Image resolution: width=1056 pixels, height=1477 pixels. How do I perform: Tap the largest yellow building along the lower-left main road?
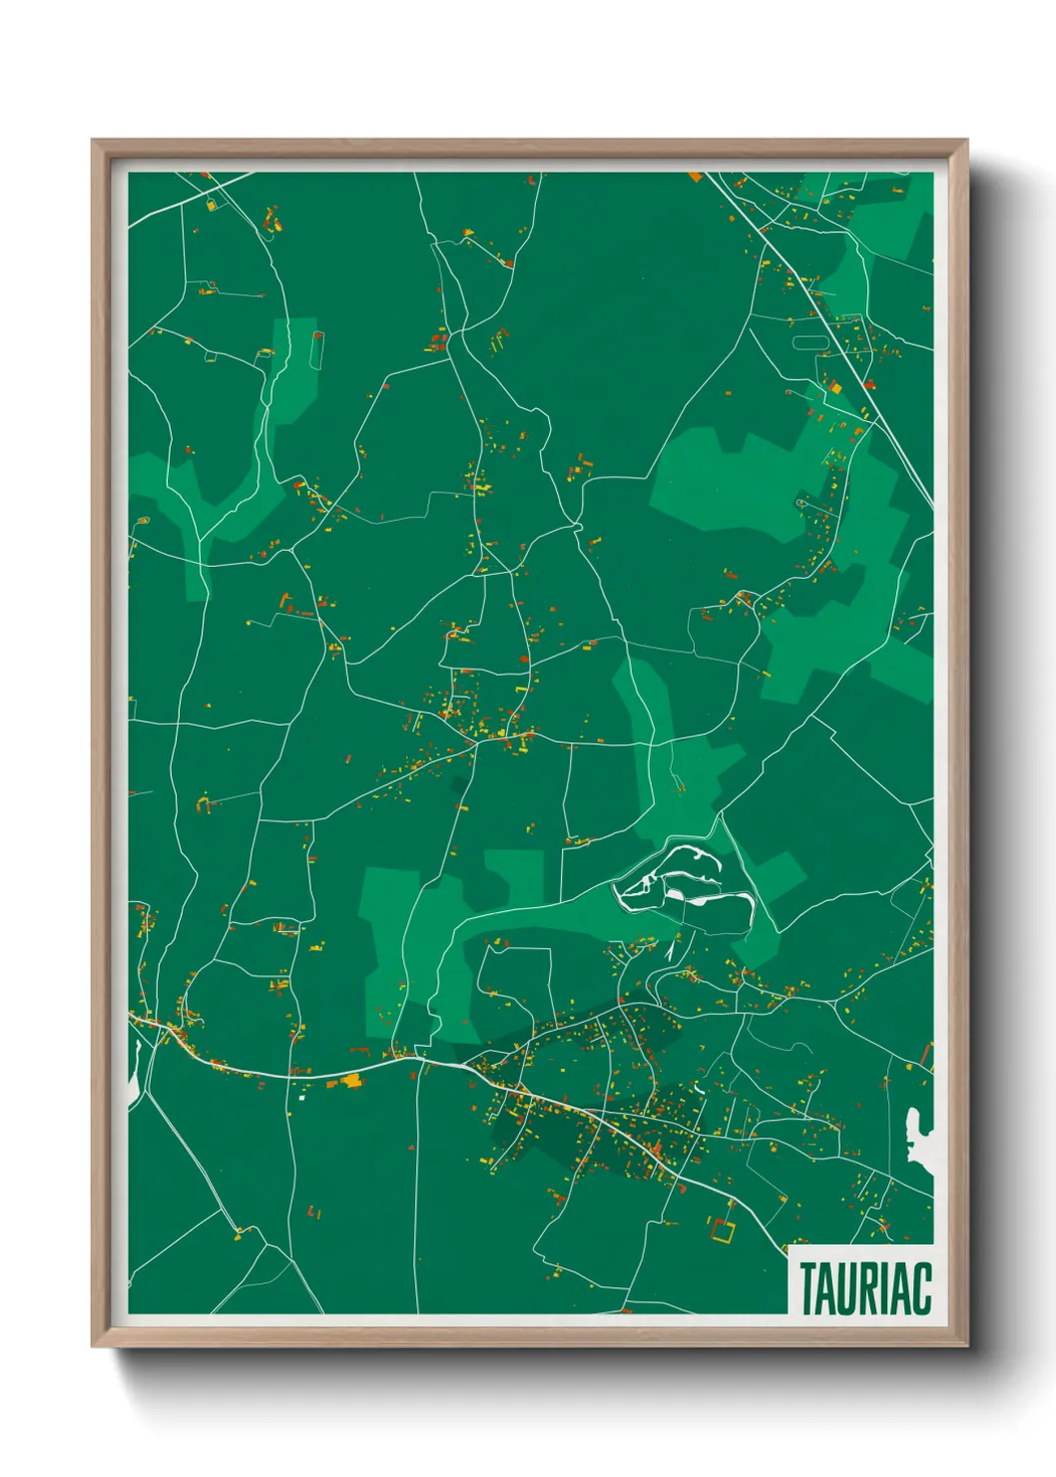coord(350,1079)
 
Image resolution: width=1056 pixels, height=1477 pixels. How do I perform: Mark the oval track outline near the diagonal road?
coord(810,341)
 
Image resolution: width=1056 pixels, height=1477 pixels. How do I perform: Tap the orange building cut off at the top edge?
coord(696,177)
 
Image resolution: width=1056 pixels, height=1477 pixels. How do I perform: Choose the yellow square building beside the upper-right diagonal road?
coord(835,387)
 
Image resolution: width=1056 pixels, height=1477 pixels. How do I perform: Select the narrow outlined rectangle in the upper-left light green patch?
coord(318,350)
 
